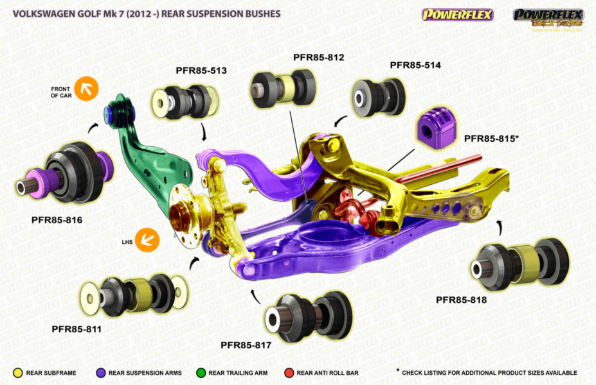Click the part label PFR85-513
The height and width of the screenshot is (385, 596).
[201, 70]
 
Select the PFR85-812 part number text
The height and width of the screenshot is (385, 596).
[318, 57]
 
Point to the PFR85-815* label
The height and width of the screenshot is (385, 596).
[492, 138]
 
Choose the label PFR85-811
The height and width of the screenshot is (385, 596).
[77, 329]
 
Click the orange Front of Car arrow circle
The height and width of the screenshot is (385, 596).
[86, 88]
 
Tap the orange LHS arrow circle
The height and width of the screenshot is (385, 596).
[147, 239]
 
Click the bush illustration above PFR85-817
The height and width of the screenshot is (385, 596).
[305, 316]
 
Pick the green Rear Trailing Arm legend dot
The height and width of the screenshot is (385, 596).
[200, 372]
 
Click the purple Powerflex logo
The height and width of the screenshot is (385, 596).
[457, 14]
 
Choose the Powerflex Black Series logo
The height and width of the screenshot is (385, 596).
[548, 18]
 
